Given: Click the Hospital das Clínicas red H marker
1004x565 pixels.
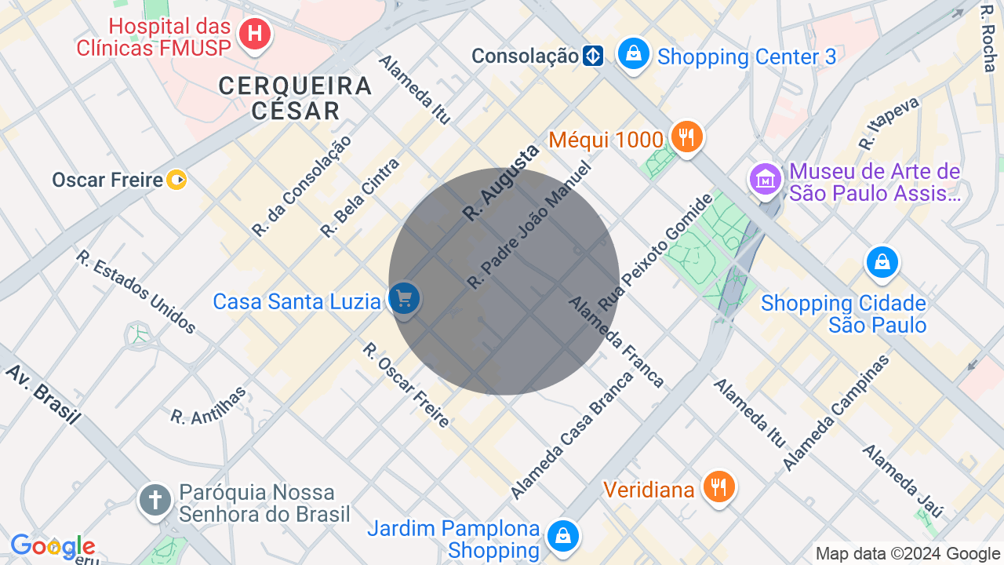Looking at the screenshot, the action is (x=254, y=34).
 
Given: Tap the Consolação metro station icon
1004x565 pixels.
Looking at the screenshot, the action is (x=593, y=56).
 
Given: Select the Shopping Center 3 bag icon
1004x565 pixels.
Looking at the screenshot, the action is (x=633, y=53).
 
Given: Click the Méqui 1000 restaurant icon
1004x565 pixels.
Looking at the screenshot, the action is (x=686, y=137).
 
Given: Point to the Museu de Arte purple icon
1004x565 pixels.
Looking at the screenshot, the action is (x=766, y=180).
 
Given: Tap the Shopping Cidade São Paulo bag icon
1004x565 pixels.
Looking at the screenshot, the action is (x=882, y=262).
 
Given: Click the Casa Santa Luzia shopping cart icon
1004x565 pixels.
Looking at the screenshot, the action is (x=404, y=299).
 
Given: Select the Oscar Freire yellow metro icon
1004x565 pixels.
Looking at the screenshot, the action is (x=177, y=180).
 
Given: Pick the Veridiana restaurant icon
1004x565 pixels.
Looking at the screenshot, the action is (x=718, y=487).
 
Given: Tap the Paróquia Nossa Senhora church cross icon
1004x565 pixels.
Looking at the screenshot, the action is (x=155, y=500).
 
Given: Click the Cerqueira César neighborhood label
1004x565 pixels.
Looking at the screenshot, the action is (x=295, y=97).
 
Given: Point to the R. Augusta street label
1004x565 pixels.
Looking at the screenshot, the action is (x=500, y=183).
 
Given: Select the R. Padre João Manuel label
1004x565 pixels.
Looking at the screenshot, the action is (x=528, y=225).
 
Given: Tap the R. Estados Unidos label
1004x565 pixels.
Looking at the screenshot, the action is (x=136, y=292).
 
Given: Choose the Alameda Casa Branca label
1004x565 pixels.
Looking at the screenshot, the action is (x=572, y=434).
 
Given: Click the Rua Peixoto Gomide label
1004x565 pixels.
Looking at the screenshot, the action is (x=657, y=251).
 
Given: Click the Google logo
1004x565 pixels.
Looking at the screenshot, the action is (x=53, y=546).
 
